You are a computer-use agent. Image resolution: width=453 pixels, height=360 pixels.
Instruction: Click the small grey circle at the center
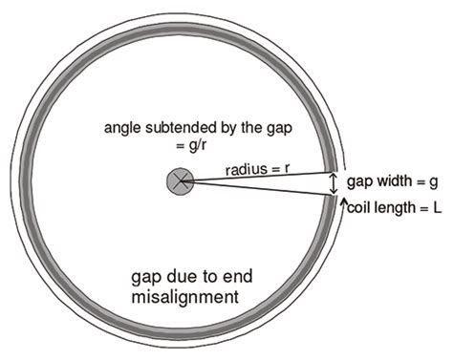pyautogui.click(x=178, y=180)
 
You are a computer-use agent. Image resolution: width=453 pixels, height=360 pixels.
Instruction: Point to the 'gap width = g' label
pyautogui.click(x=391, y=180)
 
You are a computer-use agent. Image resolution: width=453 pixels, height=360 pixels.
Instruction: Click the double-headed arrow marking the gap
pyautogui.click(x=334, y=183)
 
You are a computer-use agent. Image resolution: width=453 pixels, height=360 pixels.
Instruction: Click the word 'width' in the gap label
pyautogui.click(x=390, y=180)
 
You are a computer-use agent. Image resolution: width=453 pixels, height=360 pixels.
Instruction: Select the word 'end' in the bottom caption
pyautogui.click(x=234, y=280)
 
